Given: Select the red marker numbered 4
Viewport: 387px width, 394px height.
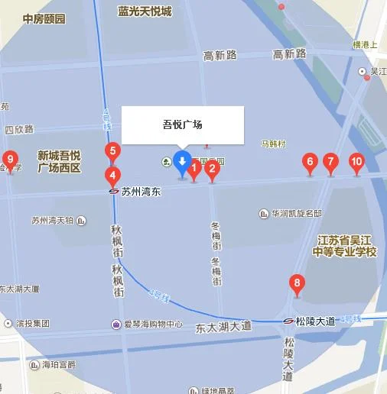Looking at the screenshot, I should pos(112,175).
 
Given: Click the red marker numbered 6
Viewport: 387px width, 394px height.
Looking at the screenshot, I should pos(310,162).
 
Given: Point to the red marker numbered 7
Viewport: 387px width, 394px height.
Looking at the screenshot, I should pos(330,162).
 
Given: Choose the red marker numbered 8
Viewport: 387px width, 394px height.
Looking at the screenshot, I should pos(298,285).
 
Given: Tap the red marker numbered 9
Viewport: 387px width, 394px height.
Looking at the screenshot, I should pos(11,160).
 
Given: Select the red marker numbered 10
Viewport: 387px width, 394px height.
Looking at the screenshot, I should pos(356,162).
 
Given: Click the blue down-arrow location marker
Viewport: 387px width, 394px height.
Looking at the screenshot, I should pos(181,162).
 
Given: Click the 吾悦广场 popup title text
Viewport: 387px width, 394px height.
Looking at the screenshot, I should pos(183,124).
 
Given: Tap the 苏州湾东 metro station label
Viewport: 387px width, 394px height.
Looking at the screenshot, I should pos(141,192).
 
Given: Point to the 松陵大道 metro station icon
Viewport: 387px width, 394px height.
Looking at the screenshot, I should pos(289,321).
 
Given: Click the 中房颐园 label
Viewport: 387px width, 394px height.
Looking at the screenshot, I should pos(44,18).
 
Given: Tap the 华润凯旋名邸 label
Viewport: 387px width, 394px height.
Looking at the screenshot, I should pos(296,213).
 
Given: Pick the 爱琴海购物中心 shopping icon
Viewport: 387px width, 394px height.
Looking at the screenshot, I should pos(116,324).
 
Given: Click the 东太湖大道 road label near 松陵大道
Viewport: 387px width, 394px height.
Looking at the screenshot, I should pos(223,326).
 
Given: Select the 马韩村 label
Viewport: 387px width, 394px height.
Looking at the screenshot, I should pos(273,144).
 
